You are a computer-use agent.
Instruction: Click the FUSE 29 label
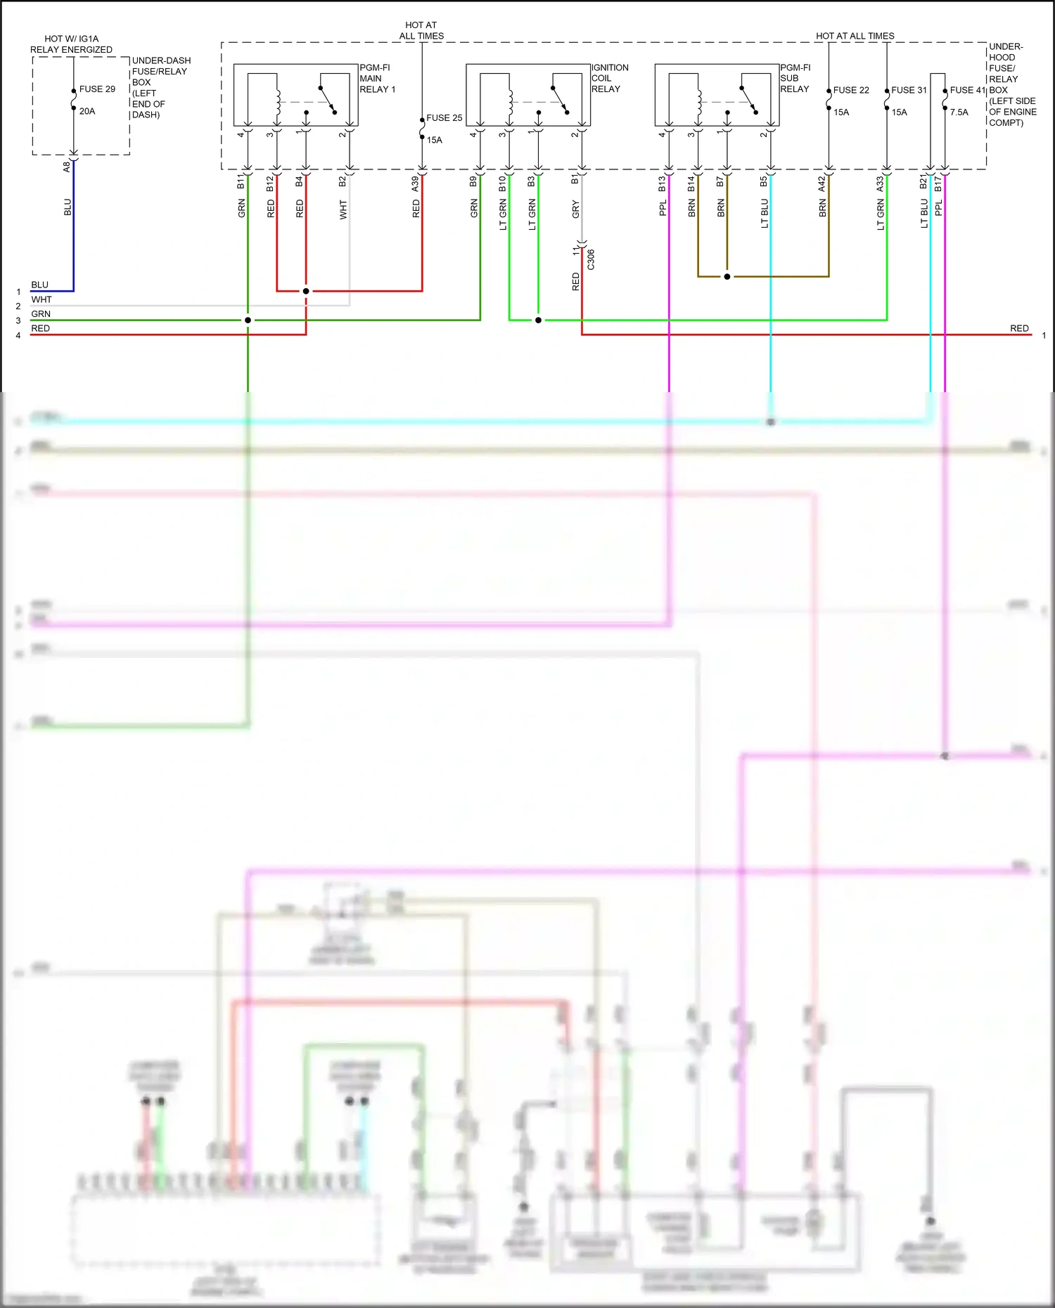(97, 89)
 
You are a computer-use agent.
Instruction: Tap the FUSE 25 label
(444, 118)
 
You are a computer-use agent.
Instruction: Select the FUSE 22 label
(851, 90)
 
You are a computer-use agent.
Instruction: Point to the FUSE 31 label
(909, 90)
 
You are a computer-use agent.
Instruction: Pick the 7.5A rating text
(959, 112)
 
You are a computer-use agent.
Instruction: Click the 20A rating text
(87, 112)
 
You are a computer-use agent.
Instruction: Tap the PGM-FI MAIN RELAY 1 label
(377, 79)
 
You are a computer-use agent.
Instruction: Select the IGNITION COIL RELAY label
(609, 79)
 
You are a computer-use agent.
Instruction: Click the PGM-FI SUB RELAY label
(795, 79)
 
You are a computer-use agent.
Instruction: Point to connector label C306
(591, 259)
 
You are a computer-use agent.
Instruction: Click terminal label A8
(67, 167)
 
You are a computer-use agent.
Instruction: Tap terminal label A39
(415, 183)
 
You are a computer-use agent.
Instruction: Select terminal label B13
(662, 183)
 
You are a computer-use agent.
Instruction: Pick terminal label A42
(821, 183)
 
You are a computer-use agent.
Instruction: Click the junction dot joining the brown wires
(727, 277)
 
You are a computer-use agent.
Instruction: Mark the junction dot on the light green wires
(538, 320)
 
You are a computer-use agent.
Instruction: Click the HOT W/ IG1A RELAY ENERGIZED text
(71, 44)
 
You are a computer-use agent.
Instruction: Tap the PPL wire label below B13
(663, 208)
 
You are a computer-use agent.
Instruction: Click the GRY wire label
(575, 209)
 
